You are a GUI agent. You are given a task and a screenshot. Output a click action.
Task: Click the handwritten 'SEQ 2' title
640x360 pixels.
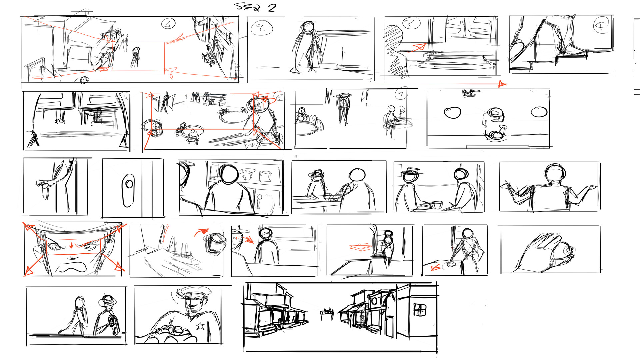[x=255, y=7]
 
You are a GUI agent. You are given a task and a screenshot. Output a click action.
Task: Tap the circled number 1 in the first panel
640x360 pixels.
[x=168, y=24]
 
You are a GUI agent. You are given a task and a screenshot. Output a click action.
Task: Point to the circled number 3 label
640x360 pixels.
[x=411, y=23]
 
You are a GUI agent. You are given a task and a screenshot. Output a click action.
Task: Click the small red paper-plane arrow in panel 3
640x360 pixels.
[x=419, y=47]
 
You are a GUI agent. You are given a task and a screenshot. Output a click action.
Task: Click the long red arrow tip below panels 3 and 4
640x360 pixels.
[x=502, y=84]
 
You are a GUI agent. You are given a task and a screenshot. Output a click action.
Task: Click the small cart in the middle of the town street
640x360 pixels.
[x=327, y=312]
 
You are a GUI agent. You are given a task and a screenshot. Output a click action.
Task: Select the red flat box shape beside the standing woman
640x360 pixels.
[x=361, y=247]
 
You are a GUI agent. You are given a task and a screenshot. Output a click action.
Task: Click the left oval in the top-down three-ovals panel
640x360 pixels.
[x=452, y=113]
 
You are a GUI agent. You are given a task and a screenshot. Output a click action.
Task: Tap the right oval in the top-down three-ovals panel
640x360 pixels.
[x=539, y=112]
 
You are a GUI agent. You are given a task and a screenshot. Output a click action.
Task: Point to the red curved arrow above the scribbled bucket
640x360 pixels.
[x=201, y=231]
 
